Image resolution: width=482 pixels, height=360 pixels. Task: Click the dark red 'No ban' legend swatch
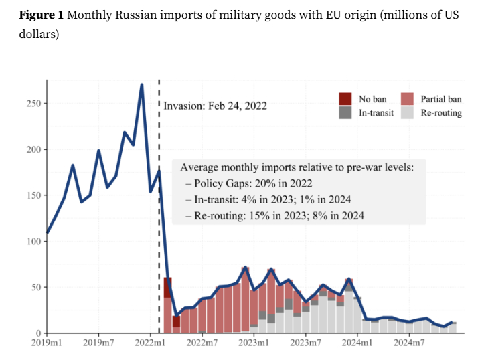tap(345, 98)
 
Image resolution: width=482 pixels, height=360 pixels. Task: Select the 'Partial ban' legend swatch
tap(407, 98)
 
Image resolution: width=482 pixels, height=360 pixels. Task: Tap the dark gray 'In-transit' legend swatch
tap(345, 112)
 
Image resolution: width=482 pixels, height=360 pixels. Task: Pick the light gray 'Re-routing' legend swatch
tap(407, 112)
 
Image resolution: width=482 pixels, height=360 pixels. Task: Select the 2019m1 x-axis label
tap(47, 343)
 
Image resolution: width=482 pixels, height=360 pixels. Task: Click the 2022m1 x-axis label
tap(151, 343)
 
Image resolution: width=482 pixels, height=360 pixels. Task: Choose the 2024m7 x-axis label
tap(410, 343)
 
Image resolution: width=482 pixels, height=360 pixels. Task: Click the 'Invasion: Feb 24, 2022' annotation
tap(215, 106)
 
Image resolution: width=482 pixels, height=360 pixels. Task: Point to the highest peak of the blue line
tap(142, 85)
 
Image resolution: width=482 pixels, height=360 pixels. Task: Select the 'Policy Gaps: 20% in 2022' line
tap(252, 183)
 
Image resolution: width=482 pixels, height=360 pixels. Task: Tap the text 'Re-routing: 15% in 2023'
tap(245, 215)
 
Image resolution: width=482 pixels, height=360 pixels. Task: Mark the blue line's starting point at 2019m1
tap(48, 233)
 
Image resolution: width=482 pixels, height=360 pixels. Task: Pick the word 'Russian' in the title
tap(140, 15)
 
